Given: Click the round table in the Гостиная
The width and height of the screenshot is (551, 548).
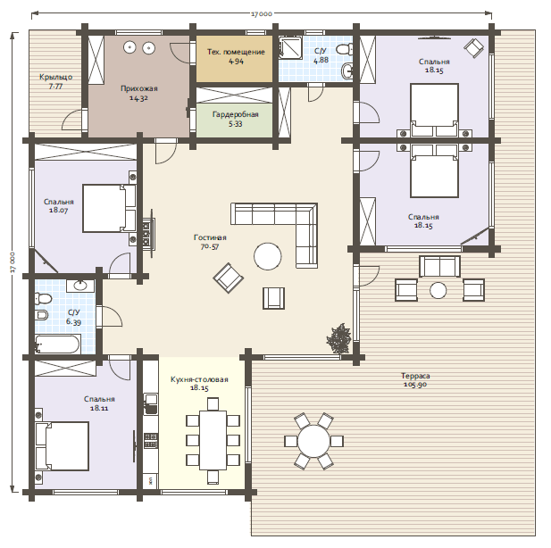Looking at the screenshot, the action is tap(267, 256).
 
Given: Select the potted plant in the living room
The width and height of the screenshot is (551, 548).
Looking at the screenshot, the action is tap(339, 338).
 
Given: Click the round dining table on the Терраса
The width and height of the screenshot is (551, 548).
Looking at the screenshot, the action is tap(313, 441).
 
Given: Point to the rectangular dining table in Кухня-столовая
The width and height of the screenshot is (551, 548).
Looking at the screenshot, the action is tap(213, 440).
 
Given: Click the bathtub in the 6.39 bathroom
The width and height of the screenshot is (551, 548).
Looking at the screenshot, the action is tap(58, 344).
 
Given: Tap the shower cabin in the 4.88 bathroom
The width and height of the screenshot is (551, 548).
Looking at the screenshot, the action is tap(290, 47).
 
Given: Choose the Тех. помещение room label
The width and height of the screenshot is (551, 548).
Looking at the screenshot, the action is tap(236, 52).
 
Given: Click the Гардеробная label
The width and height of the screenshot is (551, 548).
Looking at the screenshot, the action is tap(236, 114).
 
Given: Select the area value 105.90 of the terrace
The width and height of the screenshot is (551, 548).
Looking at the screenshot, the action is tap(415, 385).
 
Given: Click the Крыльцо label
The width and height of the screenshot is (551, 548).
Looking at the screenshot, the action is tap(56, 77).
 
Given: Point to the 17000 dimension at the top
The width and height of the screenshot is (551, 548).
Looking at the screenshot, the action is tap(262, 13).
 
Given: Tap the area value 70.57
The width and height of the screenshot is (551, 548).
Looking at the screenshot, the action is tap(210, 246).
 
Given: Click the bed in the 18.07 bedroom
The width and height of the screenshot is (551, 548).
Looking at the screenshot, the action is tap(109, 208).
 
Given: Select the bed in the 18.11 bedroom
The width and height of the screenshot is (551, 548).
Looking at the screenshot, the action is tap(62, 446).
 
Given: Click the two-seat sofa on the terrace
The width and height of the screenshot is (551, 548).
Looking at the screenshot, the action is tap(439, 266).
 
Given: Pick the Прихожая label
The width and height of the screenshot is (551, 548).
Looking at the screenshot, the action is tap(139, 88).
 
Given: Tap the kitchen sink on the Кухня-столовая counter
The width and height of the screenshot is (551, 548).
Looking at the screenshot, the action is tap(151, 403).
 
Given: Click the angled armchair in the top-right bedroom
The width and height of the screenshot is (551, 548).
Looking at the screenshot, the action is tap(473, 48).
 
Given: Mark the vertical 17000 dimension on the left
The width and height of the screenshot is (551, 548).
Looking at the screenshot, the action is tap(13, 262).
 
